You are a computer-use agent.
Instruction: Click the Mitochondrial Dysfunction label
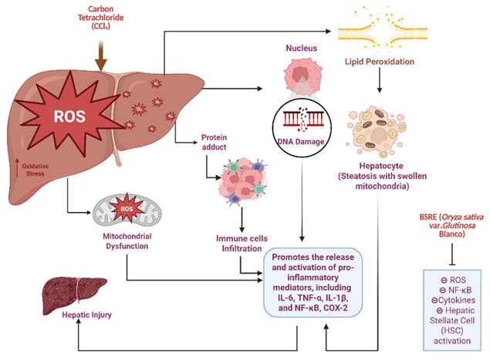pyautogui.click(x=128, y=243)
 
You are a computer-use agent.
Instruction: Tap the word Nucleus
pyautogui.click(x=299, y=46)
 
